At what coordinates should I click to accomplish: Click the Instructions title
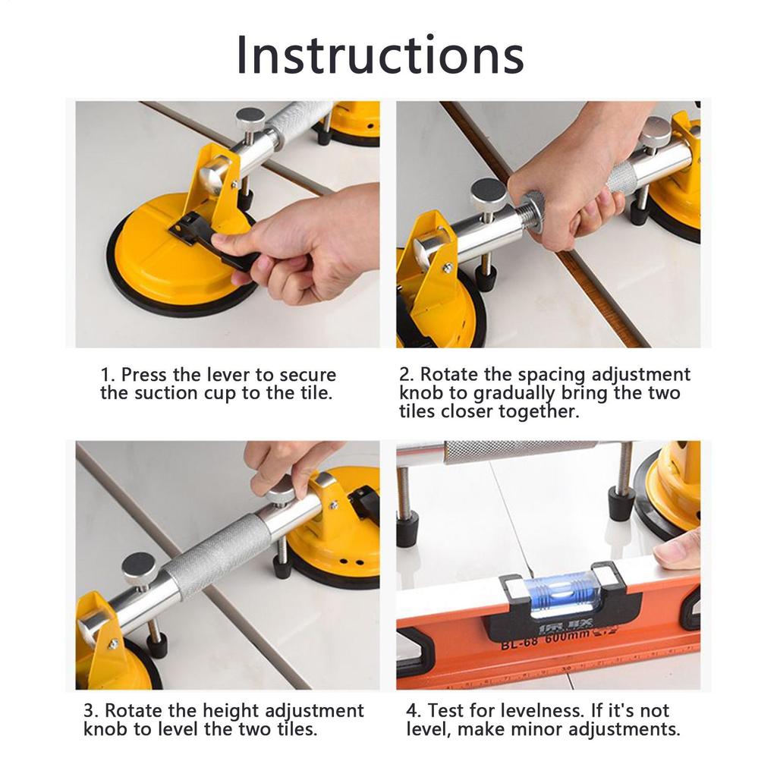[x=380, y=55]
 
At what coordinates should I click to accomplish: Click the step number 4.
[x=413, y=712]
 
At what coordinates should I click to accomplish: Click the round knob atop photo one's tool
[x=250, y=118]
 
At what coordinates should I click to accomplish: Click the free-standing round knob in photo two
[x=489, y=193]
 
